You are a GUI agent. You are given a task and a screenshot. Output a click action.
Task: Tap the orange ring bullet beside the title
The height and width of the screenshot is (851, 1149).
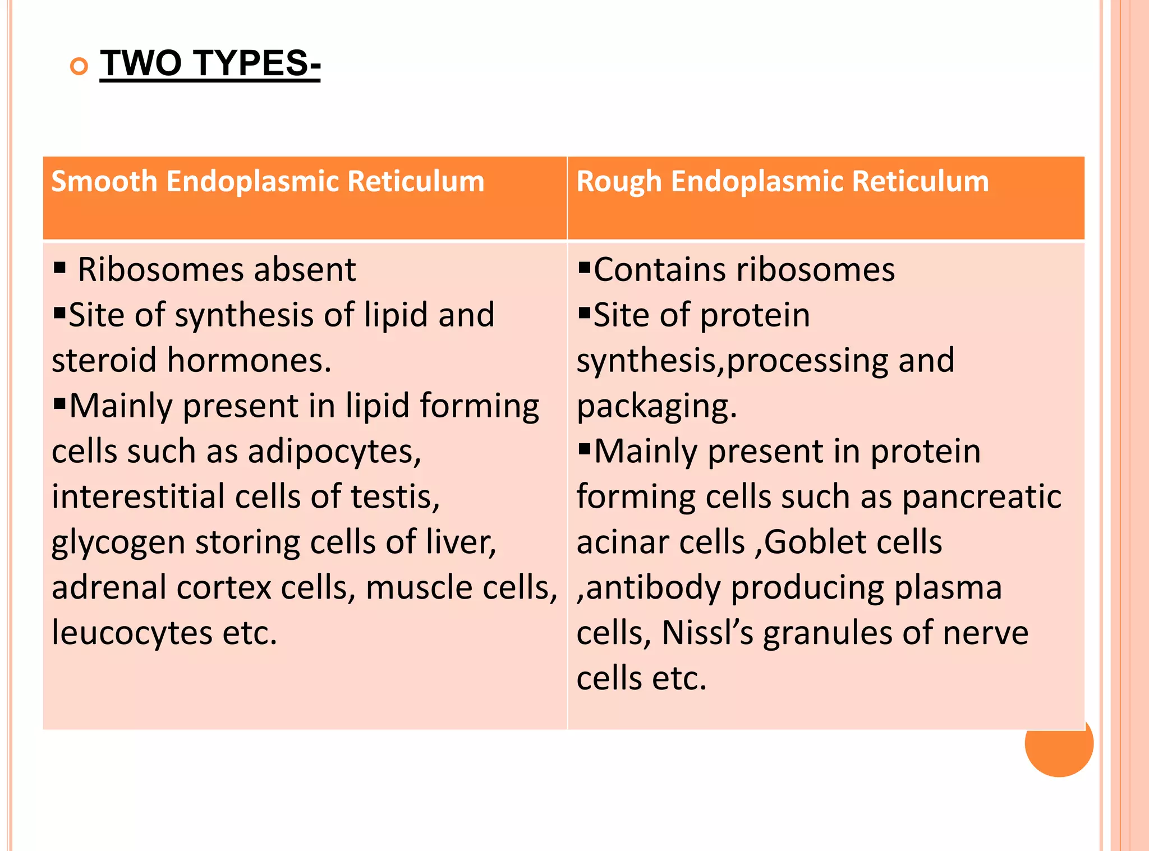click(x=79, y=67)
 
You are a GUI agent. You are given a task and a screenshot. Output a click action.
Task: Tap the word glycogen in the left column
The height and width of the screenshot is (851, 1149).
click(x=118, y=543)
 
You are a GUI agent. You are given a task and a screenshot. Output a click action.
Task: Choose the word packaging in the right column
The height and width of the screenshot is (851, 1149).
click(x=655, y=407)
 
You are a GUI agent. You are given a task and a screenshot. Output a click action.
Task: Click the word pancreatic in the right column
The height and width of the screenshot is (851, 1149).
click(x=981, y=497)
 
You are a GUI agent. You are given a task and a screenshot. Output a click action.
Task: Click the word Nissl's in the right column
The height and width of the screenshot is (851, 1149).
click(x=707, y=633)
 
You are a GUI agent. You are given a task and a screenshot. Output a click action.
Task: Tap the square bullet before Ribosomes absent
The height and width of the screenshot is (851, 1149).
click(x=60, y=266)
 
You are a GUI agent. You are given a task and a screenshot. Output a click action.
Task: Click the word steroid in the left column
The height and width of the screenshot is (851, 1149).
click(x=104, y=361)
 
